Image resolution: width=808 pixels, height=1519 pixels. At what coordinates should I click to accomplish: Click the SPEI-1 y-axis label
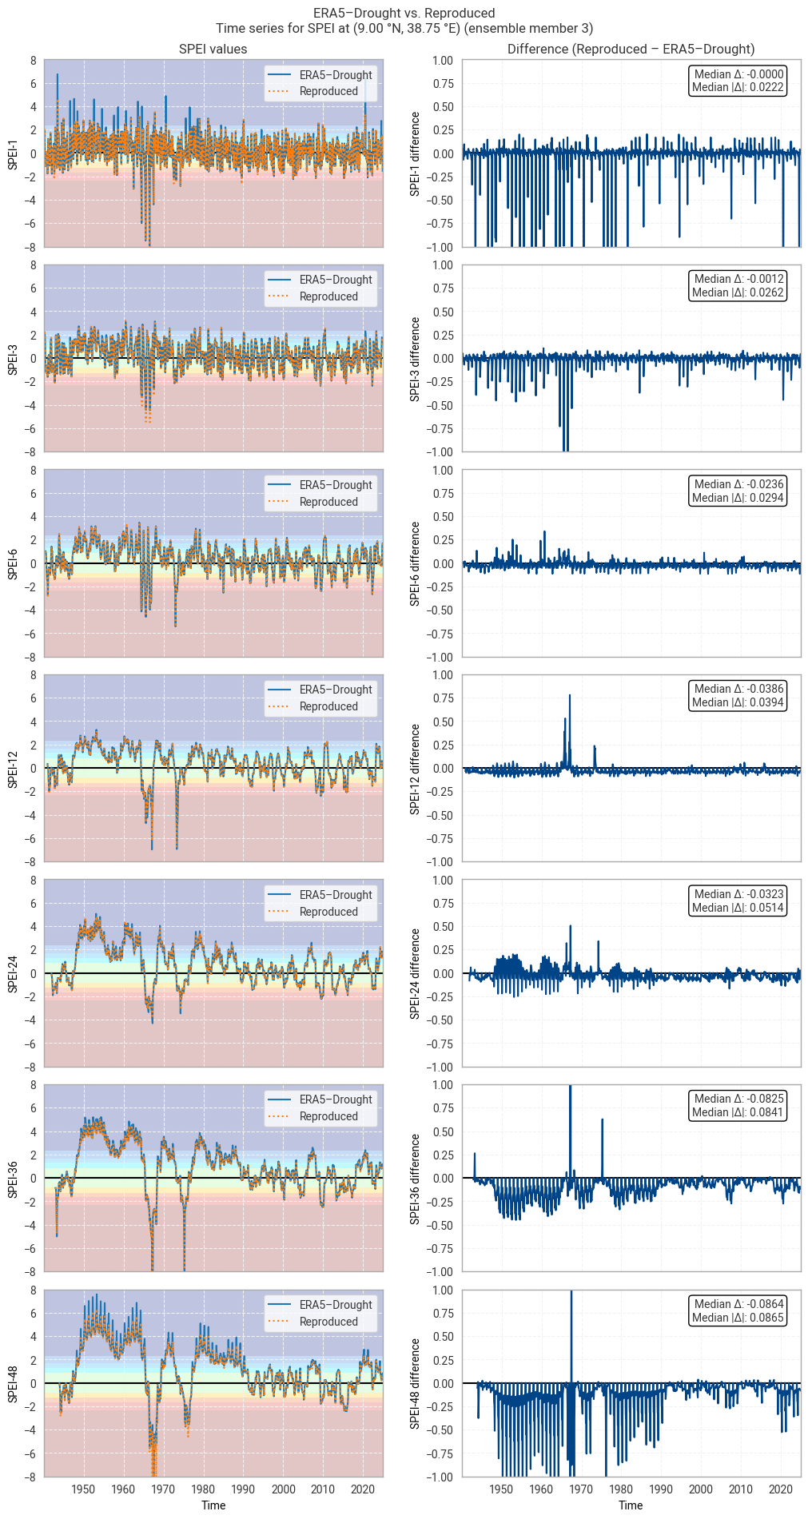click(13, 153)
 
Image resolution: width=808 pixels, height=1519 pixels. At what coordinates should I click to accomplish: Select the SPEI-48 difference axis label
click(415, 1383)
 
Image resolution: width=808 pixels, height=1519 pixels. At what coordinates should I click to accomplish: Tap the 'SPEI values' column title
click(213, 49)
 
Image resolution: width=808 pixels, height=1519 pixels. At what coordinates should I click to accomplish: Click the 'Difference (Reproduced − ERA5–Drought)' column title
click(631, 49)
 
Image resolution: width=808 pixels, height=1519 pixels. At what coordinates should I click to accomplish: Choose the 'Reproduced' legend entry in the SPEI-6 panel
click(328, 502)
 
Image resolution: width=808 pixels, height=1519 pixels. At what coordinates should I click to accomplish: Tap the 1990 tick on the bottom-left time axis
click(243, 1489)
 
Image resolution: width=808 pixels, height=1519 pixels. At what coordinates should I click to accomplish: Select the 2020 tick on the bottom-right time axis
click(780, 1489)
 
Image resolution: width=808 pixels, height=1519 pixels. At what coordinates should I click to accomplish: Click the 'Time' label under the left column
click(213, 1505)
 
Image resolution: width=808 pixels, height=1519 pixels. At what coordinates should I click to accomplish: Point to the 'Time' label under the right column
click(631, 1505)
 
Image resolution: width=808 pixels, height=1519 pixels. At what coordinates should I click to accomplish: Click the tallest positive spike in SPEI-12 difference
click(570, 695)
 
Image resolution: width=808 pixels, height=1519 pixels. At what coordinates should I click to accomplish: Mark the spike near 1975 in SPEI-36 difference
click(602, 1119)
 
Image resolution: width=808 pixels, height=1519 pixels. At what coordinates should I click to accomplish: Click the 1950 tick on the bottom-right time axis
click(501, 1489)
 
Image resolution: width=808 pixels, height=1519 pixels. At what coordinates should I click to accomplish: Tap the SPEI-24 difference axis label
click(415, 973)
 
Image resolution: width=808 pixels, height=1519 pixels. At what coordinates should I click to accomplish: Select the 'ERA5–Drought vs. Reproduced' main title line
click(404, 13)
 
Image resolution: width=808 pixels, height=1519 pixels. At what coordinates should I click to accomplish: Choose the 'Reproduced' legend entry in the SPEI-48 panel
click(328, 1322)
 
